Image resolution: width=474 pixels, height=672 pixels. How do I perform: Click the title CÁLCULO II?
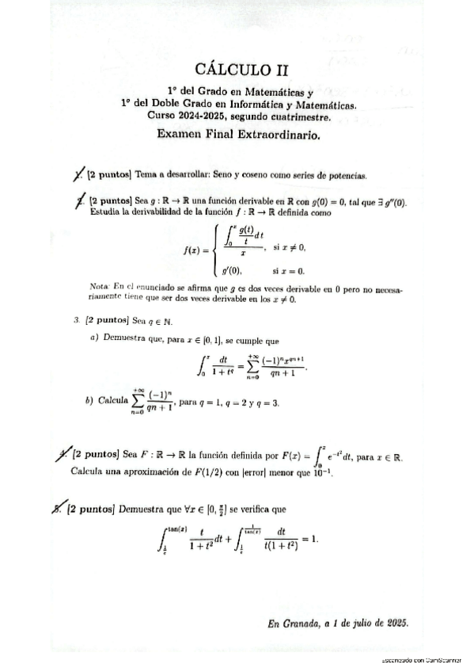(237, 70)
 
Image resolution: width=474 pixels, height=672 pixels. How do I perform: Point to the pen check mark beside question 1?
(77, 174)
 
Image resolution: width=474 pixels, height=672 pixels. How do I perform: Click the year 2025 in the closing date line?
(393, 622)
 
